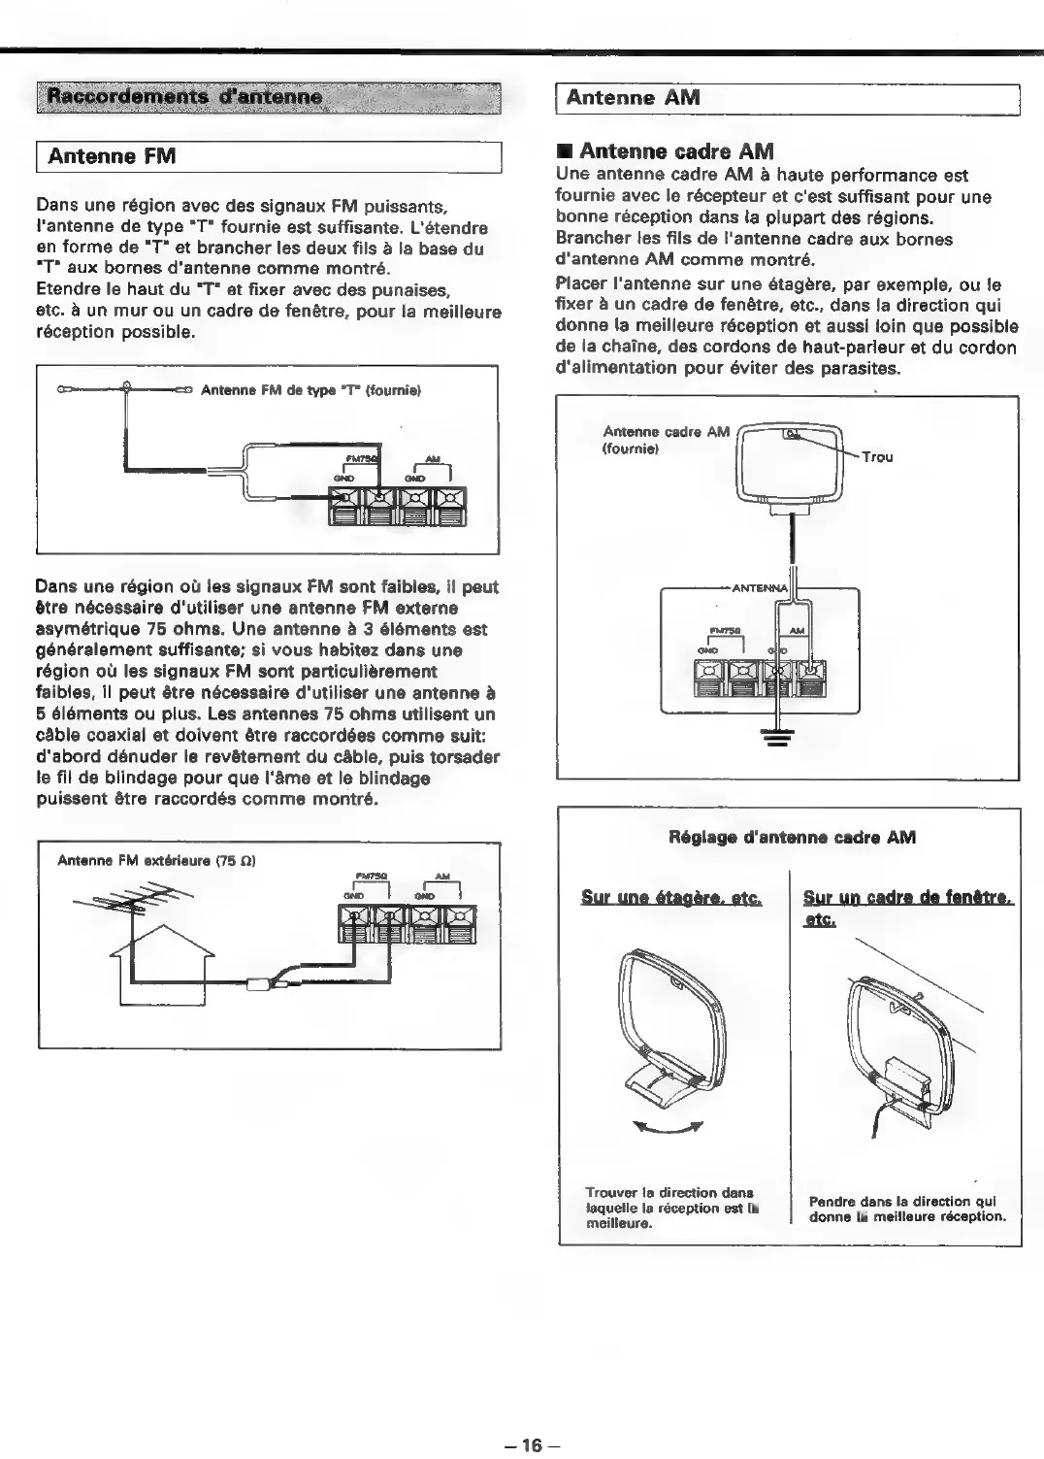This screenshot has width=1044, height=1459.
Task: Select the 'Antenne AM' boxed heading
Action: (x=633, y=97)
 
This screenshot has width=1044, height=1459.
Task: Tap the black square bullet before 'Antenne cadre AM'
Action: (x=562, y=151)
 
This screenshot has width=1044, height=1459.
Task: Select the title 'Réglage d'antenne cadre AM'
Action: (x=792, y=837)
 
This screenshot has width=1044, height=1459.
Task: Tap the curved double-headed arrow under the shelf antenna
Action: (x=666, y=1127)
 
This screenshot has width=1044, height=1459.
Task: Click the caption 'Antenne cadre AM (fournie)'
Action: (x=665, y=440)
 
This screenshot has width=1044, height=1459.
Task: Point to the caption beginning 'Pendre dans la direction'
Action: (x=907, y=1209)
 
